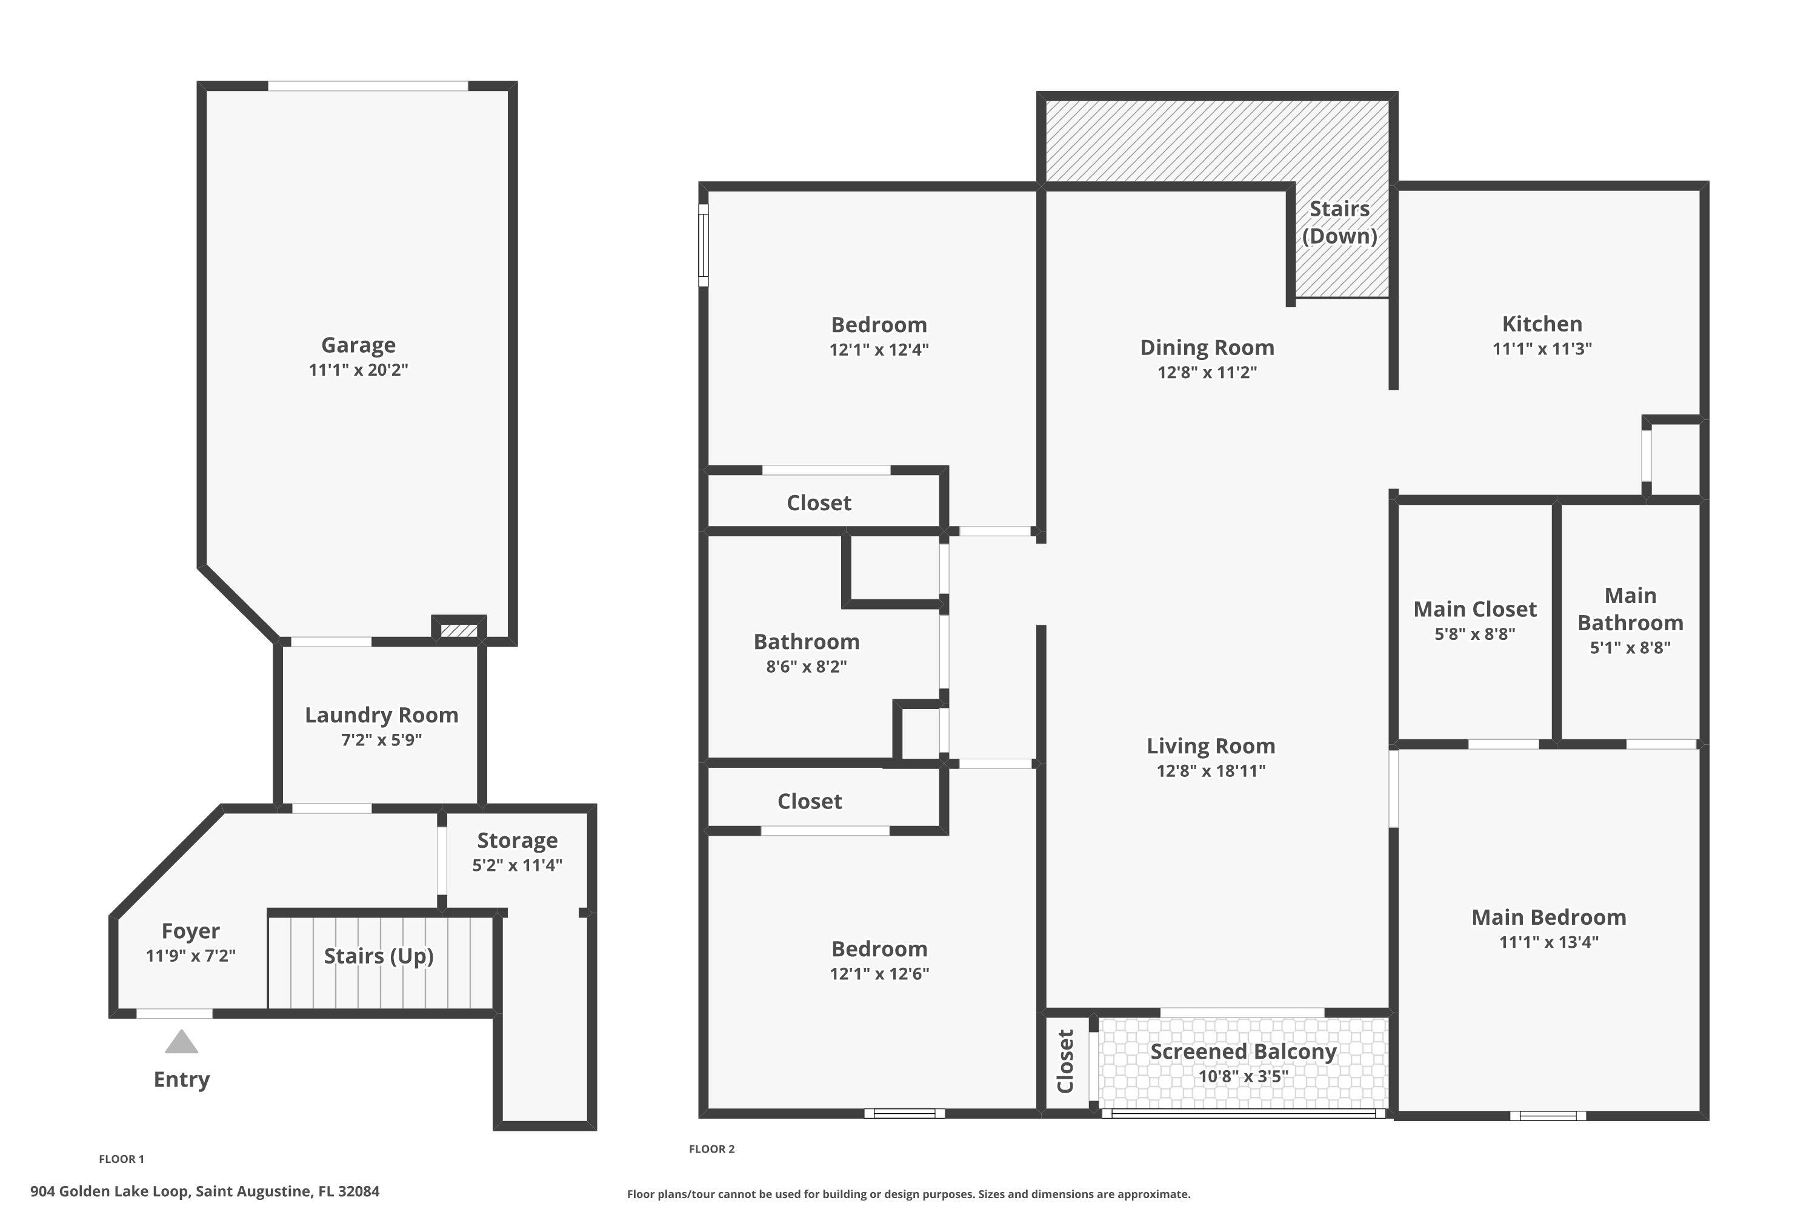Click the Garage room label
pos(358,345)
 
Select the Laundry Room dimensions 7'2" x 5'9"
pos(381,740)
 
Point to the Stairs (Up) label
pos(378,956)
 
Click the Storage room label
pos(517,840)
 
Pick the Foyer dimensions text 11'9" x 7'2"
pos(190,956)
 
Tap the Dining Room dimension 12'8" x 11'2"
pos(1207,372)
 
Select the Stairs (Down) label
pos(1339,222)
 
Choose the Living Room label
pos(1210,746)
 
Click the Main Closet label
pos(1475,609)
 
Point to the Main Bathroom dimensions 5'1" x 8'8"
pos(1630,647)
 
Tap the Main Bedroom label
pos(1549,917)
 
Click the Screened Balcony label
pos(1243,1051)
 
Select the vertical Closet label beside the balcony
pos(1065,1061)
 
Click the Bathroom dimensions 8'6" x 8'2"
pos(806,666)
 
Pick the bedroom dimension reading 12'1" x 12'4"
pos(879,350)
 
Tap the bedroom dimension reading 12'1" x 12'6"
pos(879,973)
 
